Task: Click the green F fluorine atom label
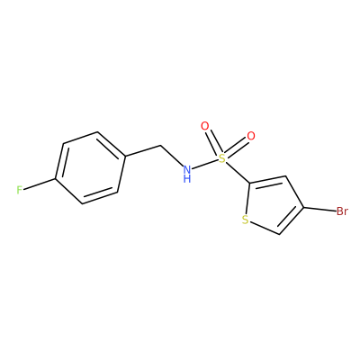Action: point(20,190)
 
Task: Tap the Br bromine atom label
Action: point(342,211)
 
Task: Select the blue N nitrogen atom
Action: point(187,169)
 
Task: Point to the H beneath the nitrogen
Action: point(187,179)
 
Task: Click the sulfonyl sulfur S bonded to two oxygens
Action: point(221,158)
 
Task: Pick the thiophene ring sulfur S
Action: point(245,220)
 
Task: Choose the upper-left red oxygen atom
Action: point(205,127)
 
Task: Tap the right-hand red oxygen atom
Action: point(251,136)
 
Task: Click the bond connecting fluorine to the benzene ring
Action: point(40,184)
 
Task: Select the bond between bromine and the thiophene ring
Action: point(319,209)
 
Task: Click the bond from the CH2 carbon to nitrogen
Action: point(172,156)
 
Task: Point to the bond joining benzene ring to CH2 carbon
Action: point(143,151)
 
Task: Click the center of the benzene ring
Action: point(90,168)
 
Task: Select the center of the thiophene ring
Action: point(272,206)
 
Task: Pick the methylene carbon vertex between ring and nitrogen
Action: point(161,146)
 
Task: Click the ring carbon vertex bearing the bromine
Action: point(304,207)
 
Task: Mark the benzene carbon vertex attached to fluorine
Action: point(56,179)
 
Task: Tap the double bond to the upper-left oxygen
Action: point(213,142)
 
